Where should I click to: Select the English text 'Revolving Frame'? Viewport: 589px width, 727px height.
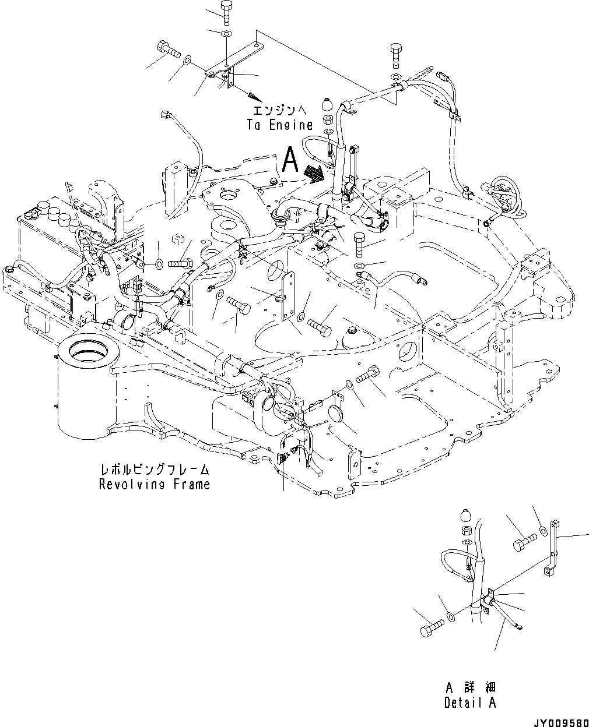pyautogui.click(x=154, y=484)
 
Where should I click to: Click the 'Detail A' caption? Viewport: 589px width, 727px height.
pyautogui.click(x=469, y=703)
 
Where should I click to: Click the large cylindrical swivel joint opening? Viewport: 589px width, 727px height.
pyautogui.click(x=87, y=352)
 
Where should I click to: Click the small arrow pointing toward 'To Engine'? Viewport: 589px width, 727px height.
pyautogui.click(x=253, y=93)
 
